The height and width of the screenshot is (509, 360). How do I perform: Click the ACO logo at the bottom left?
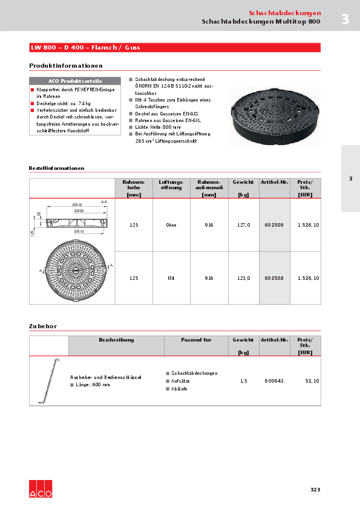[x=41, y=490]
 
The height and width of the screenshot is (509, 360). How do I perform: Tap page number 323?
[x=315, y=489]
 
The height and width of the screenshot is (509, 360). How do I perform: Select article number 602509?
[x=274, y=225]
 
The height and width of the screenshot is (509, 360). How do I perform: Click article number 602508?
[x=274, y=277]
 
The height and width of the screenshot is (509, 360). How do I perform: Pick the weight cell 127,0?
[x=243, y=225]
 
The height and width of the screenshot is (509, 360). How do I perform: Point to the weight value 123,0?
[x=243, y=277]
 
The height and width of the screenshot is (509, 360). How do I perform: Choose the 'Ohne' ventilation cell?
[x=171, y=225]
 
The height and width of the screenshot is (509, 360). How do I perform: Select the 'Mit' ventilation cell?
[x=171, y=277]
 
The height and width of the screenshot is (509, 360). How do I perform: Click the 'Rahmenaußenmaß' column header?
[x=209, y=188]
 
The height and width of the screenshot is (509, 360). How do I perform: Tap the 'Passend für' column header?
[x=196, y=340]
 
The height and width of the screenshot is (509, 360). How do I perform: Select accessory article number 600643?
[x=274, y=381]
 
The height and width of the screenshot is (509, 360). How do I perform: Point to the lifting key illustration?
[x=48, y=380]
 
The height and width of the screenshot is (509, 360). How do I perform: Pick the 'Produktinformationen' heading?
[x=66, y=65]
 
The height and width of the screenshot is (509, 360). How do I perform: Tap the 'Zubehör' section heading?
[x=43, y=326]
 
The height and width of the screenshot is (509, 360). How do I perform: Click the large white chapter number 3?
[x=345, y=19]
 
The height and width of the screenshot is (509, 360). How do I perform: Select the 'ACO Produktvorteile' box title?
[x=75, y=81]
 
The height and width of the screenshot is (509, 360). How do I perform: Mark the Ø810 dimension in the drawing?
[x=79, y=231]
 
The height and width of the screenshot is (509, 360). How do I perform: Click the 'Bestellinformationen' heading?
[x=56, y=168]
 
